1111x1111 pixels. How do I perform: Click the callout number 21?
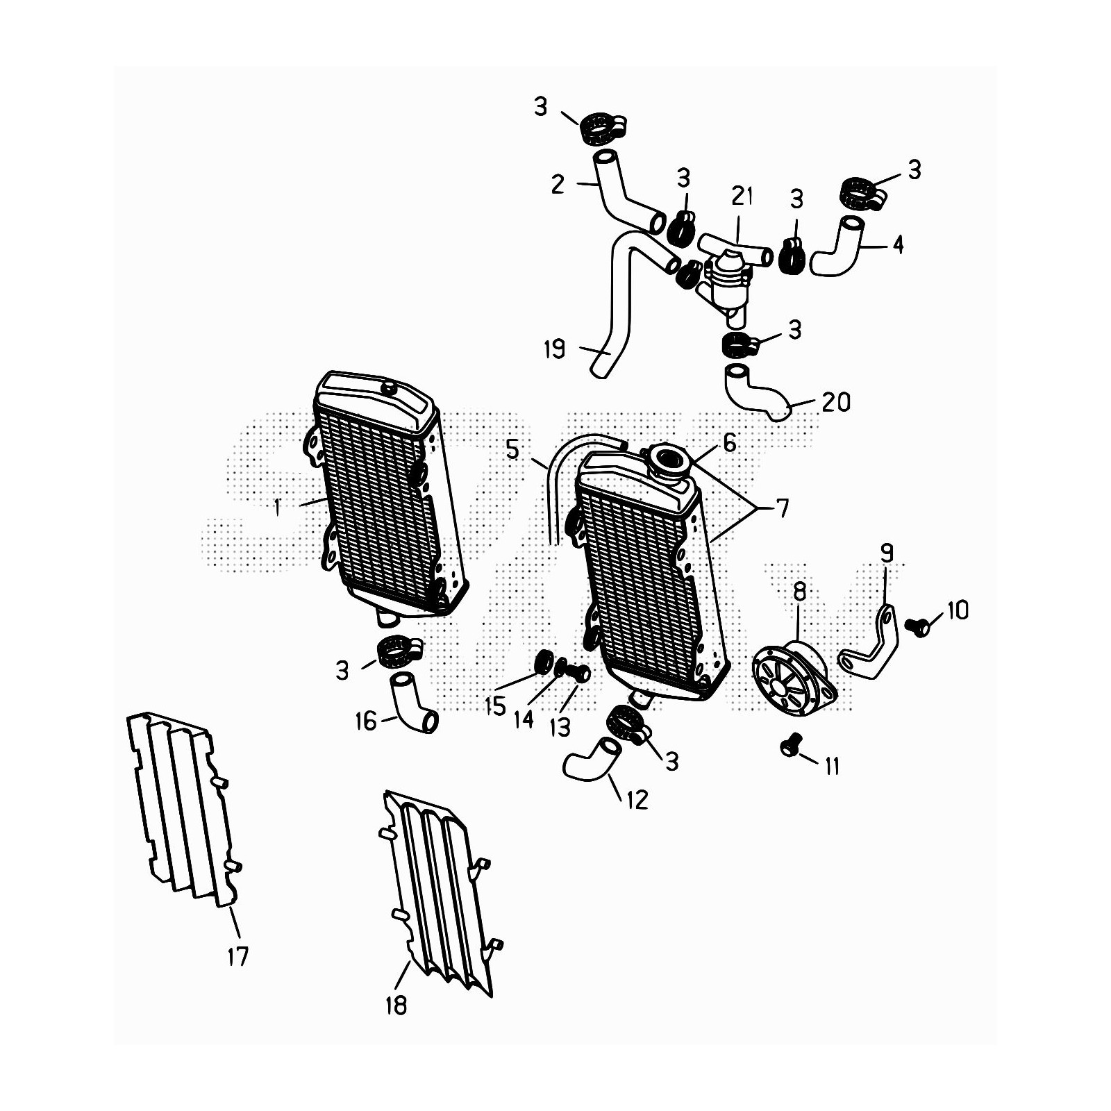click(x=742, y=196)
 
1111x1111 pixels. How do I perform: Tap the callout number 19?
click(x=554, y=349)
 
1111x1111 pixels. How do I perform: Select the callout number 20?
click(x=836, y=402)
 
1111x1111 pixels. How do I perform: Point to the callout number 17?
click(x=237, y=957)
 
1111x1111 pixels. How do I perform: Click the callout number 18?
click(x=396, y=1005)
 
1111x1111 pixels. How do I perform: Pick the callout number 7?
click(x=783, y=509)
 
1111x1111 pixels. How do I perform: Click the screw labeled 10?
click(x=917, y=626)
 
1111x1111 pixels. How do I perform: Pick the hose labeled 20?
click(x=755, y=393)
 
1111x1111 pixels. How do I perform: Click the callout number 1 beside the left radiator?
click(x=277, y=508)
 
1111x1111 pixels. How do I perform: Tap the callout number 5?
click(x=512, y=449)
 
